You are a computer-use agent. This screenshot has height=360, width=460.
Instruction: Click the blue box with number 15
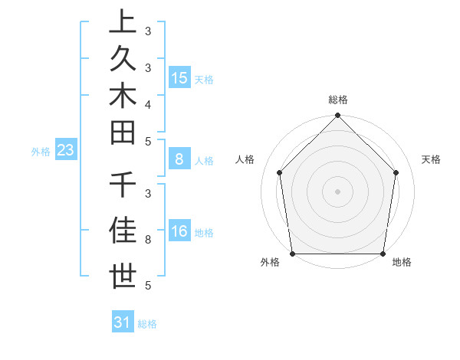pos(179,77)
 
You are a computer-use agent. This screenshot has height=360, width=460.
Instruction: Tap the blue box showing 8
pos(179,159)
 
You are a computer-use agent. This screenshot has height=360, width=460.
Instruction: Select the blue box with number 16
pos(179,231)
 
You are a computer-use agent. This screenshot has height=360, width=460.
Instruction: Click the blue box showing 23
pos(66,150)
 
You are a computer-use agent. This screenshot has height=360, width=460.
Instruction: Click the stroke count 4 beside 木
pos(147,103)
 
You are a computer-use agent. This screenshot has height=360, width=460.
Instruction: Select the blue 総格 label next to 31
pos(147,324)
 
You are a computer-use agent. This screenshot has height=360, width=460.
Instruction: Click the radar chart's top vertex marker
pos(337,116)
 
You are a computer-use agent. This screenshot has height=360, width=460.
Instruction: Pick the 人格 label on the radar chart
pos(245,159)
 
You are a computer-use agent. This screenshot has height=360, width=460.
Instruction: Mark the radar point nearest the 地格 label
pos(383,254)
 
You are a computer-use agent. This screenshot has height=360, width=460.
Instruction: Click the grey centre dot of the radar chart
pos(337,191)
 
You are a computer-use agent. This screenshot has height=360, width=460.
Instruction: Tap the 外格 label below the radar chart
pos(270,263)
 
